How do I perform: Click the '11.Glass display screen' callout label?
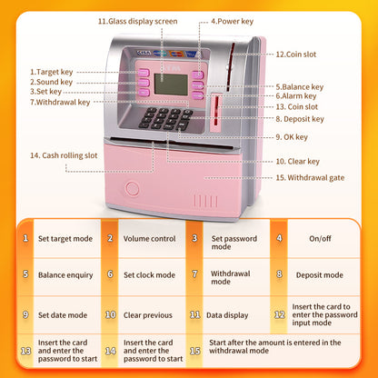(x=138, y=20)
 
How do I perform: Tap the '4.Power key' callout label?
(x=232, y=20)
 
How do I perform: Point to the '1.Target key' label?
(x=53, y=71)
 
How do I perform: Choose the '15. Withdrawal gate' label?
(x=309, y=176)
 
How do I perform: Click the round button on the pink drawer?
(x=132, y=190)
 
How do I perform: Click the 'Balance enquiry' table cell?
(x=64, y=273)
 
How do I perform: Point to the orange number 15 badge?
(x=194, y=349)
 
